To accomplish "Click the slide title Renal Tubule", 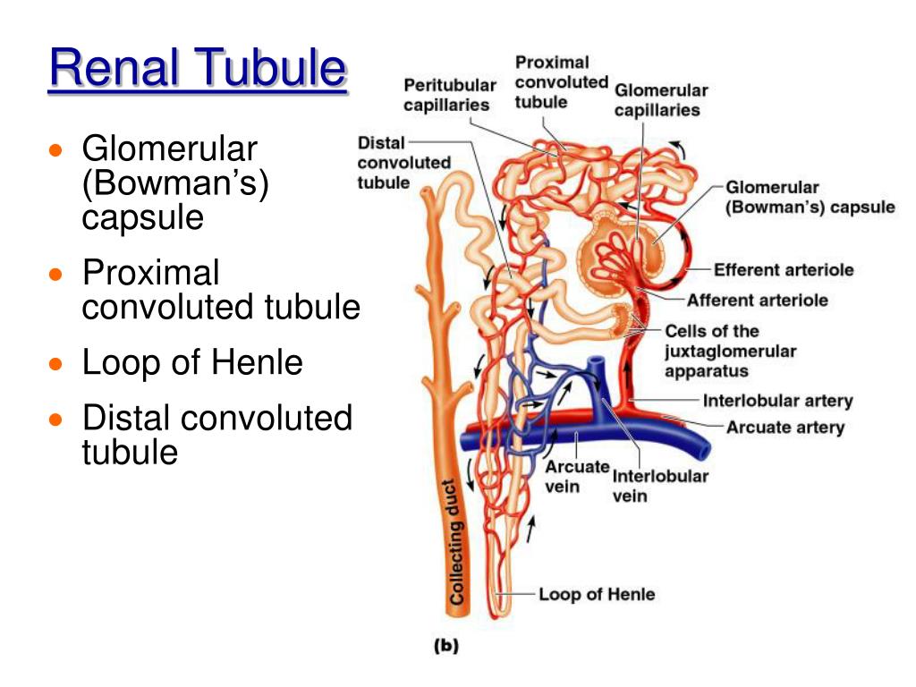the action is pos(197,70).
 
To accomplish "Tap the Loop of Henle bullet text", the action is pos(192,363).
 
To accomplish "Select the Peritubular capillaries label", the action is pos(449,95).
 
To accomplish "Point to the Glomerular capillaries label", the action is pos(660,100).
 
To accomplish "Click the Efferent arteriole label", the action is pos(783,269).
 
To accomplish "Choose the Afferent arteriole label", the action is pos(757,300).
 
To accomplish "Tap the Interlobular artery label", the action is pos(777,401).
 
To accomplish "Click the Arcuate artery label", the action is pos(785,427).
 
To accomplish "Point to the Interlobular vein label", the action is pos(659,485).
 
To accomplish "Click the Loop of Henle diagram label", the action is pos(596,594).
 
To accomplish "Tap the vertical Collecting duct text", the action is pos(456,542).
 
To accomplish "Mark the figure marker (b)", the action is pos(445,647).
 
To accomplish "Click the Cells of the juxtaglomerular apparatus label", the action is pos(730,351).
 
